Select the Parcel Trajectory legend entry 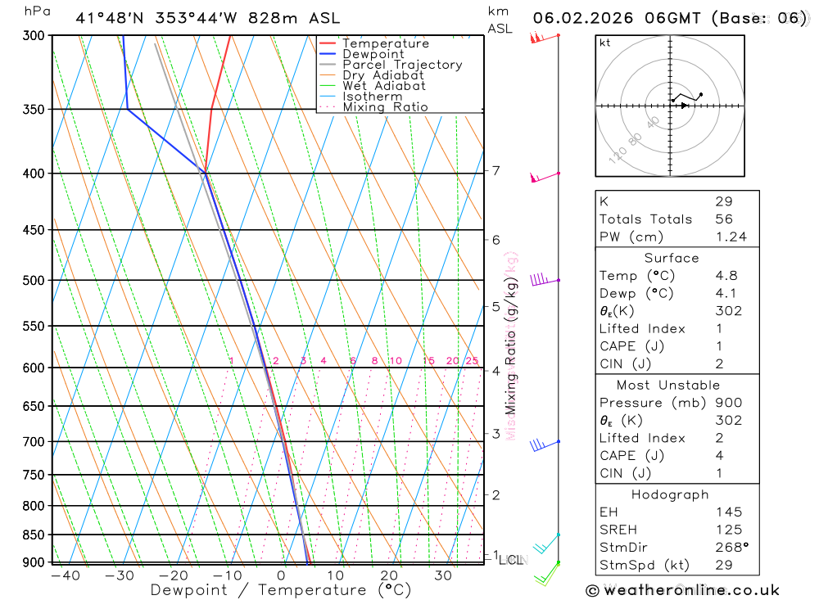click(401, 65)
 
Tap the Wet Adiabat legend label click(383, 86)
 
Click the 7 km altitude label click(495, 171)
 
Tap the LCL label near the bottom click(511, 561)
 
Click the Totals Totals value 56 click(723, 219)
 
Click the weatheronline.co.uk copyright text click(683, 589)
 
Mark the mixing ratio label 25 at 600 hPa click(472, 361)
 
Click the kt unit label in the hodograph click(604, 43)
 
